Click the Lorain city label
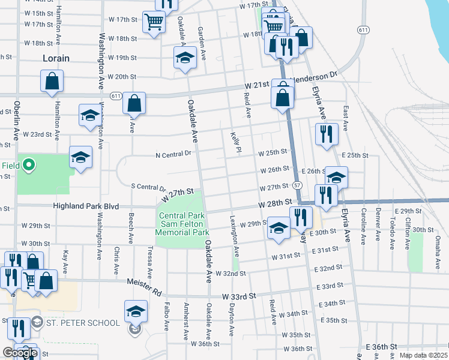point(56,58)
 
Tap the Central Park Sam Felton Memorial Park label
point(182,224)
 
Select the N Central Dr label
point(173,154)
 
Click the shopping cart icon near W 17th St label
point(154,22)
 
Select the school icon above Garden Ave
point(185,58)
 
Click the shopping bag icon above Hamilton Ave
point(52,81)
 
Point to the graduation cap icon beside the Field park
point(80,157)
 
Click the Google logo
point(20,353)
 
